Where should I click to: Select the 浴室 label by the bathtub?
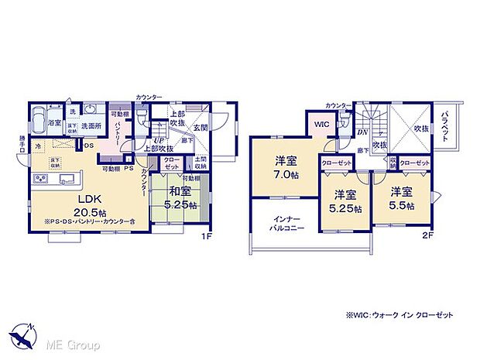point(56,122)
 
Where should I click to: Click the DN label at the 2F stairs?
point(362,132)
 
